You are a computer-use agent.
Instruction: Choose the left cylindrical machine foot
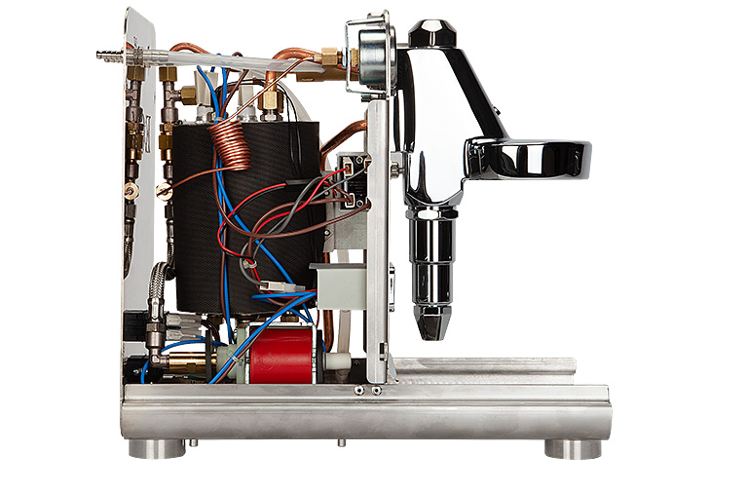(157, 448)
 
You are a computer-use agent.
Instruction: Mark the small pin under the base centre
(340, 442)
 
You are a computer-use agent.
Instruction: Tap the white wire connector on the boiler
(277, 287)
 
